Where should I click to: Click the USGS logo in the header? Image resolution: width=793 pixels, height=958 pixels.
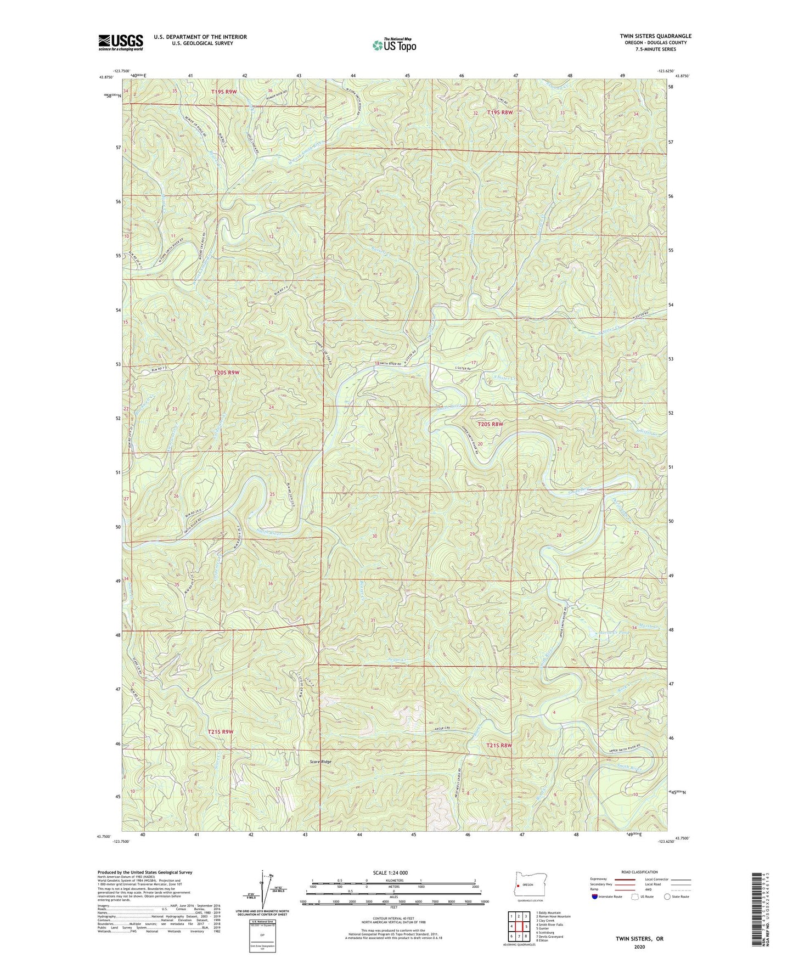click(120, 42)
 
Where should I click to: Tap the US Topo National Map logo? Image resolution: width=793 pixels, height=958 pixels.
click(393, 44)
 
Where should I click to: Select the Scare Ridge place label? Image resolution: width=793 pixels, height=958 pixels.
click(320, 762)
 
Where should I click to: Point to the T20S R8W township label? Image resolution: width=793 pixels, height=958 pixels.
click(490, 424)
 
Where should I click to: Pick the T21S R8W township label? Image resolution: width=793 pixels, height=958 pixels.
click(499, 745)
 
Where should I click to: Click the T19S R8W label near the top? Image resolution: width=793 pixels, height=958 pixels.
click(499, 112)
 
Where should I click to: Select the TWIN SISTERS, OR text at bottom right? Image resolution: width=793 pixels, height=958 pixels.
click(640, 938)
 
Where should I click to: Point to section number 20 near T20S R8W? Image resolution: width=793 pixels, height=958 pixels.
click(480, 443)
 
